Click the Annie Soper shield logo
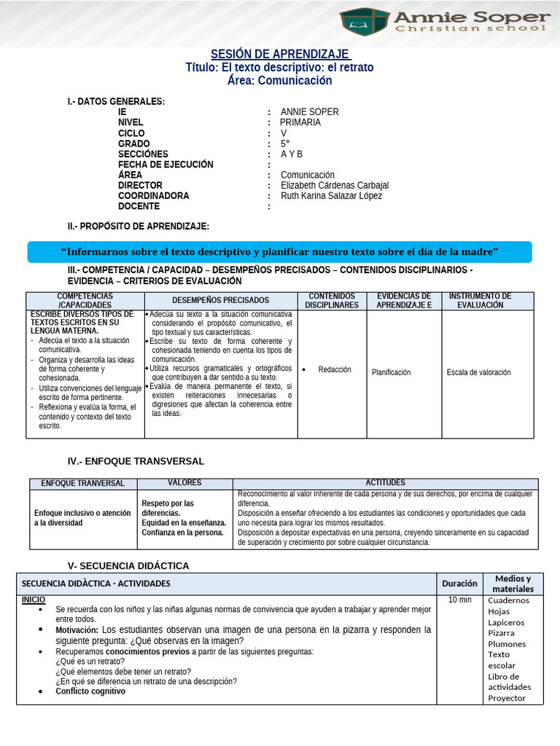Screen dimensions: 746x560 click(x=364, y=22)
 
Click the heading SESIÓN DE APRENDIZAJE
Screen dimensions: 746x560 click(x=280, y=55)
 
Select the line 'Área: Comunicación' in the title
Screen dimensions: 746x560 click(x=280, y=80)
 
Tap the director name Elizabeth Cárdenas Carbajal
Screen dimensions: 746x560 click(x=334, y=186)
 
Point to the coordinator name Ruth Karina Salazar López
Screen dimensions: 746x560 click(x=331, y=196)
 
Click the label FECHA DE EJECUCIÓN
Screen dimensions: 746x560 click(x=166, y=165)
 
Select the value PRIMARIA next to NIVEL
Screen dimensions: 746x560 click(x=300, y=122)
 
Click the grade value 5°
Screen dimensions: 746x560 click(x=285, y=144)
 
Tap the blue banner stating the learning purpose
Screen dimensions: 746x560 click(x=280, y=252)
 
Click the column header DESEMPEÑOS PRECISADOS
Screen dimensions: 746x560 click(x=220, y=300)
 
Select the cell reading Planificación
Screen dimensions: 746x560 click(x=392, y=372)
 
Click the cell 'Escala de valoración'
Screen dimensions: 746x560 click(x=479, y=372)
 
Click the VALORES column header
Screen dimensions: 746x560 click(x=184, y=483)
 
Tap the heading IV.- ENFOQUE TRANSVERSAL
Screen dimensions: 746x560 click(x=136, y=461)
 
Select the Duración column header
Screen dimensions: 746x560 click(x=459, y=583)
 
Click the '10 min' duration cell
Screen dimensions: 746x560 click(x=459, y=600)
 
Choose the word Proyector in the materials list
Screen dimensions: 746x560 click(x=507, y=698)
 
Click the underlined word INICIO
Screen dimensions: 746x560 click(x=33, y=600)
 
